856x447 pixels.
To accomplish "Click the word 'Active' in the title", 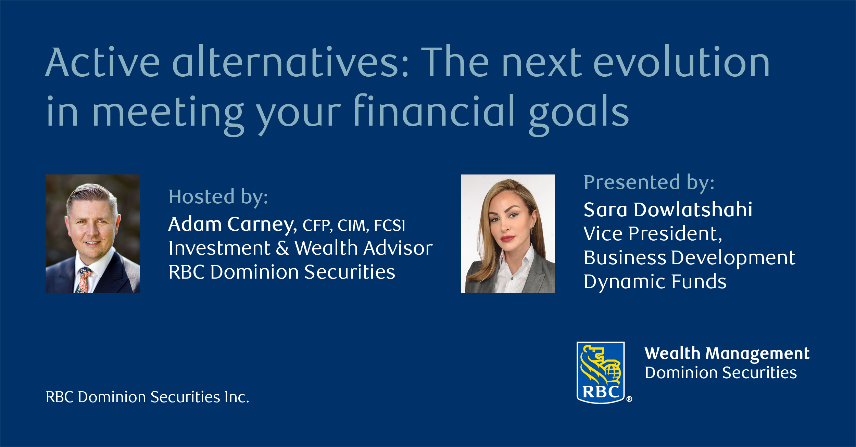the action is tap(103, 62).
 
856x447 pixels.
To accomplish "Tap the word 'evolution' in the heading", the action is tap(681, 62).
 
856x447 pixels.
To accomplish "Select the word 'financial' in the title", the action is tap(434, 110).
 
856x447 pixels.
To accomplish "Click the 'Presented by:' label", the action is tap(649, 183).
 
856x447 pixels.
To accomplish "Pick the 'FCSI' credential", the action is tap(390, 225).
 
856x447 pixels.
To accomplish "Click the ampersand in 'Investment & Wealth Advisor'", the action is tap(282, 248).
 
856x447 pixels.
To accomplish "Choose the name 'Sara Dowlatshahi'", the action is tap(668, 209).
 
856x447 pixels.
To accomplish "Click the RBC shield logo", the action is tap(601, 373).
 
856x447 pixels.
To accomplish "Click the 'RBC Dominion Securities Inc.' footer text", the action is tap(148, 397).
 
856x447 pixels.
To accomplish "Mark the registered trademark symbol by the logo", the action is tap(629, 399).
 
